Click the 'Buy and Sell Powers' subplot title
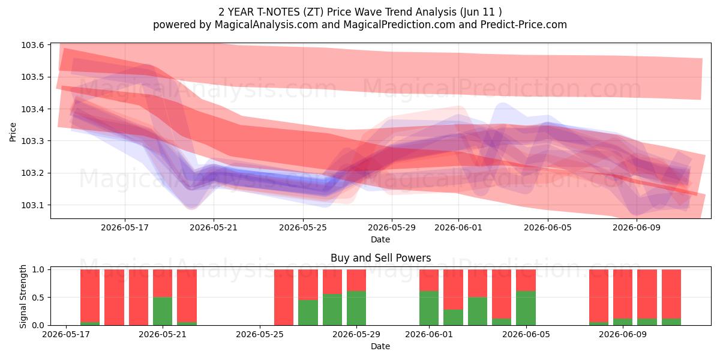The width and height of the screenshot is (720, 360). coord(380,258)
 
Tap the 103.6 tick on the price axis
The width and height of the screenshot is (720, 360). coord(32,45)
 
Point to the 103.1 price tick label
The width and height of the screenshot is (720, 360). coord(32,205)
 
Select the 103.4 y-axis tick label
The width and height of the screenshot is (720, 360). coord(32,109)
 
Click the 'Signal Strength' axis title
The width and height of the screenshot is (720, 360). coord(23,296)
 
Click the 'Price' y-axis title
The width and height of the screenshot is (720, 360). coord(13,132)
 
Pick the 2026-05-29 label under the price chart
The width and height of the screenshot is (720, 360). coord(391,227)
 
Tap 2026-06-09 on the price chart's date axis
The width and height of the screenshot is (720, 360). coord(637,227)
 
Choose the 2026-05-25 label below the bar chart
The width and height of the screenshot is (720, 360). coord(260,334)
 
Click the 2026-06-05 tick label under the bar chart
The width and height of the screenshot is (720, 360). coord(526,334)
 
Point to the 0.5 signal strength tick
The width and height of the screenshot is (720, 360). coord(38,298)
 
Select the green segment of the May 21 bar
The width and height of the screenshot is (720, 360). coord(163,311)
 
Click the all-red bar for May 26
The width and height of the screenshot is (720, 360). coord(284,298)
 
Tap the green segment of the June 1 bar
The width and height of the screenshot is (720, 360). coord(429,308)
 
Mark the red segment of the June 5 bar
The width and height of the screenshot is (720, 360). coord(526,280)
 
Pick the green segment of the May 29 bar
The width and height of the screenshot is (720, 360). coord(356,308)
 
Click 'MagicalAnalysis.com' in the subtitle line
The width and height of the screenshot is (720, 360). coord(266,25)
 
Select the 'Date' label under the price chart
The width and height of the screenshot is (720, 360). coord(380,239)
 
